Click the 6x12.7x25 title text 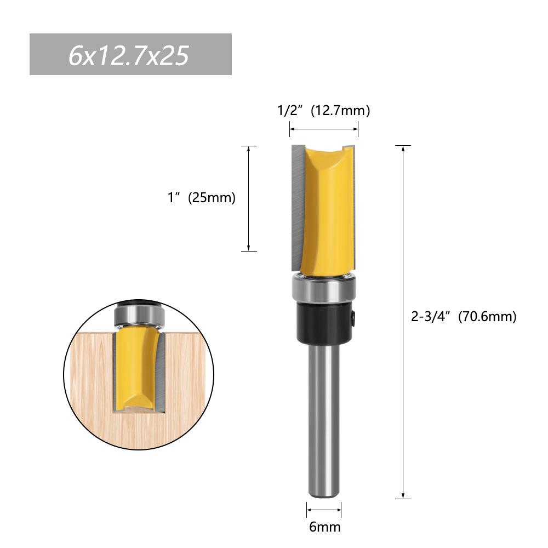tap(129, 55)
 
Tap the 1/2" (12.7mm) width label tap(323, 111)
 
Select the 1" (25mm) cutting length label tap(201, 198)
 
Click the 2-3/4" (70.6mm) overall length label tap(464, 317)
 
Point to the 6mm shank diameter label tap(324, 527)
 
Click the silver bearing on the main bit tap(324, 289)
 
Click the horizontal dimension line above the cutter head tap(323, 129)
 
